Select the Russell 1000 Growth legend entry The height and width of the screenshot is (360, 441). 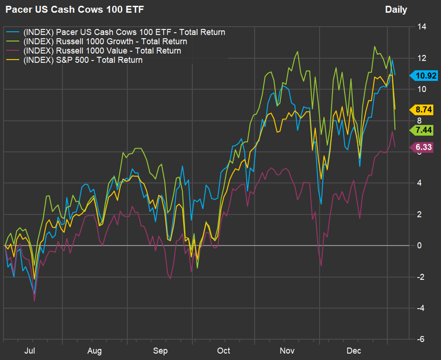coord(105,42)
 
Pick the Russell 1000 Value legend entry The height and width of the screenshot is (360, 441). coord(102,51)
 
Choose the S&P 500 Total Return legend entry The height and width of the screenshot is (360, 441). coord(83,60)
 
